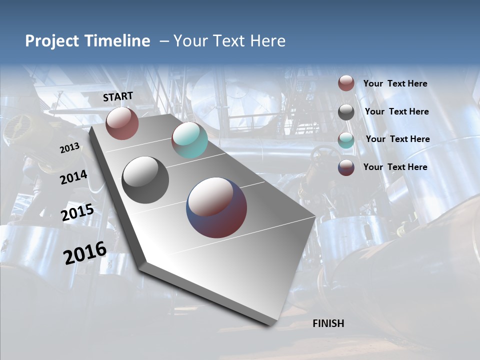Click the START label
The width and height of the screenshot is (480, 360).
point(118,96)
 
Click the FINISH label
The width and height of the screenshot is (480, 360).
point(328,323)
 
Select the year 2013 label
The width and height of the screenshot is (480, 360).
point(69,148)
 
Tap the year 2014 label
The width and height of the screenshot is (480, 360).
point(73,177)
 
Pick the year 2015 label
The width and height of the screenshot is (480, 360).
point(77,213)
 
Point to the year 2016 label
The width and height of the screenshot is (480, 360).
point(85,253)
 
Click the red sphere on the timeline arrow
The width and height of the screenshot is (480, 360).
point(122,123)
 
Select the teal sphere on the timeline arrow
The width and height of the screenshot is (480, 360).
point(189,140)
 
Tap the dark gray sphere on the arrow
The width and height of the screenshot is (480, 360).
point(145,180)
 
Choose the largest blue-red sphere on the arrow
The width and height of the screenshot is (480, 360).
point(216,207)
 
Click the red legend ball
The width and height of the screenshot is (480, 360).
point(346,83)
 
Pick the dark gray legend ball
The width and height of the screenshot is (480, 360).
point(346,112)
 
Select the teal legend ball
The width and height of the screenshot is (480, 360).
point(346,140)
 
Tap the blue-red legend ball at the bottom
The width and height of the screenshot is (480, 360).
point(346,167)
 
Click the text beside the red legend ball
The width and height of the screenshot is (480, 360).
point(395,83)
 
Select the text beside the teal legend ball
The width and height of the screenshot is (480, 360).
point(397,139)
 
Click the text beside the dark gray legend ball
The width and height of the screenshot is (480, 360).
point(396,111)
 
